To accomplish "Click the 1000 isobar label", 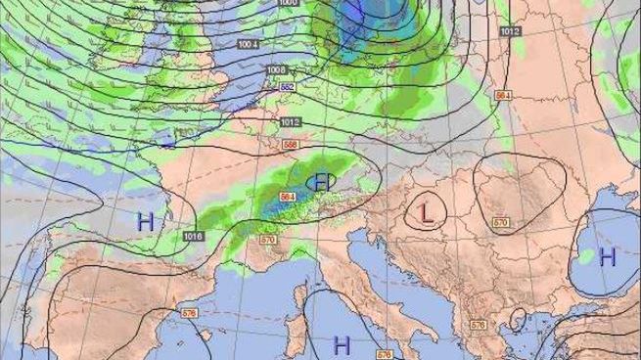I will point(288,4).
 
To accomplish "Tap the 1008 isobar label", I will point(277,70).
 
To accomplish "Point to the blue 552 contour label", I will point(288,87).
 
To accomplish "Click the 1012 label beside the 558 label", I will point(289,122).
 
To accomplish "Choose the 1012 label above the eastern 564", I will point(510,32).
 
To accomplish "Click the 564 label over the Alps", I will point(288,197).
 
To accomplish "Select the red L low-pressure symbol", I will point(426,210).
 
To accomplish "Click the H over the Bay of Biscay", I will point(146,222).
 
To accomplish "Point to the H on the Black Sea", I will point(608,257).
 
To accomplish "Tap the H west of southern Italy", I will point(342,344).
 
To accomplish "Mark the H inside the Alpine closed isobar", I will point(322,181).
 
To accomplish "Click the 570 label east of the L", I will point(500,223).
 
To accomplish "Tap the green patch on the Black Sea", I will point(585,256).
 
